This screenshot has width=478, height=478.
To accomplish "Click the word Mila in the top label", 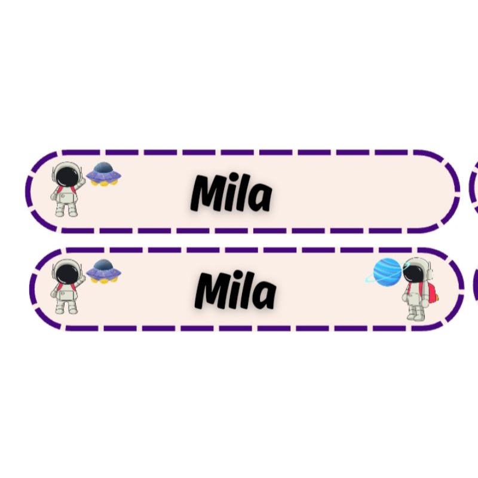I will [x=231, y=193].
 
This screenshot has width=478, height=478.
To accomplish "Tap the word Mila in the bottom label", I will [x=236, y=291].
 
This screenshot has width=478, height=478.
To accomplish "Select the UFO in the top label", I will [x=104, y=174].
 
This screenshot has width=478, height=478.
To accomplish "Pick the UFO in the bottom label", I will [x=104, y=272].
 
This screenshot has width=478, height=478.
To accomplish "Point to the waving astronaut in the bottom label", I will [x=66, y=287].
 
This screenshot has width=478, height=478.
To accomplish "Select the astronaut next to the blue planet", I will [x=416, y=290].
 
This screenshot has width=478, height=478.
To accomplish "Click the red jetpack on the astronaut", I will [x=431, y=291].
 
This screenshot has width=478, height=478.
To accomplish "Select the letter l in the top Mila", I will [x=241, y=192].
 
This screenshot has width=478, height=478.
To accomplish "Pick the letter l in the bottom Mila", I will [x=246, y=289].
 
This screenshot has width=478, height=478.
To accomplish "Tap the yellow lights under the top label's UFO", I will [x=104, y=182].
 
